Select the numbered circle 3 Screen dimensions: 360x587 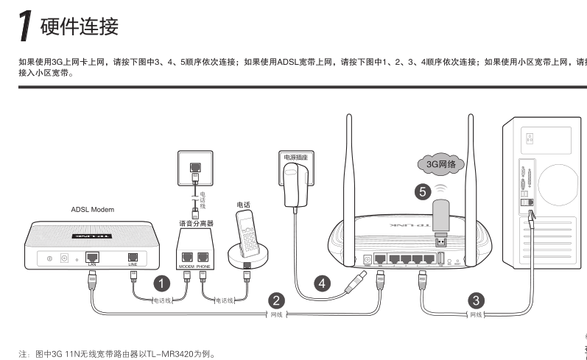[477, 300]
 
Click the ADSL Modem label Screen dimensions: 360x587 [92, 209]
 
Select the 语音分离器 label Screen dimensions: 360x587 [196, 222]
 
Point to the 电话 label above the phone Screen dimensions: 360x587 [244, 203]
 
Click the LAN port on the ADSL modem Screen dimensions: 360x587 [93, 257]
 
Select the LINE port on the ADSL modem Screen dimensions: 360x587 [133, 257]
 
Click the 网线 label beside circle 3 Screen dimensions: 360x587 [477, 314]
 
